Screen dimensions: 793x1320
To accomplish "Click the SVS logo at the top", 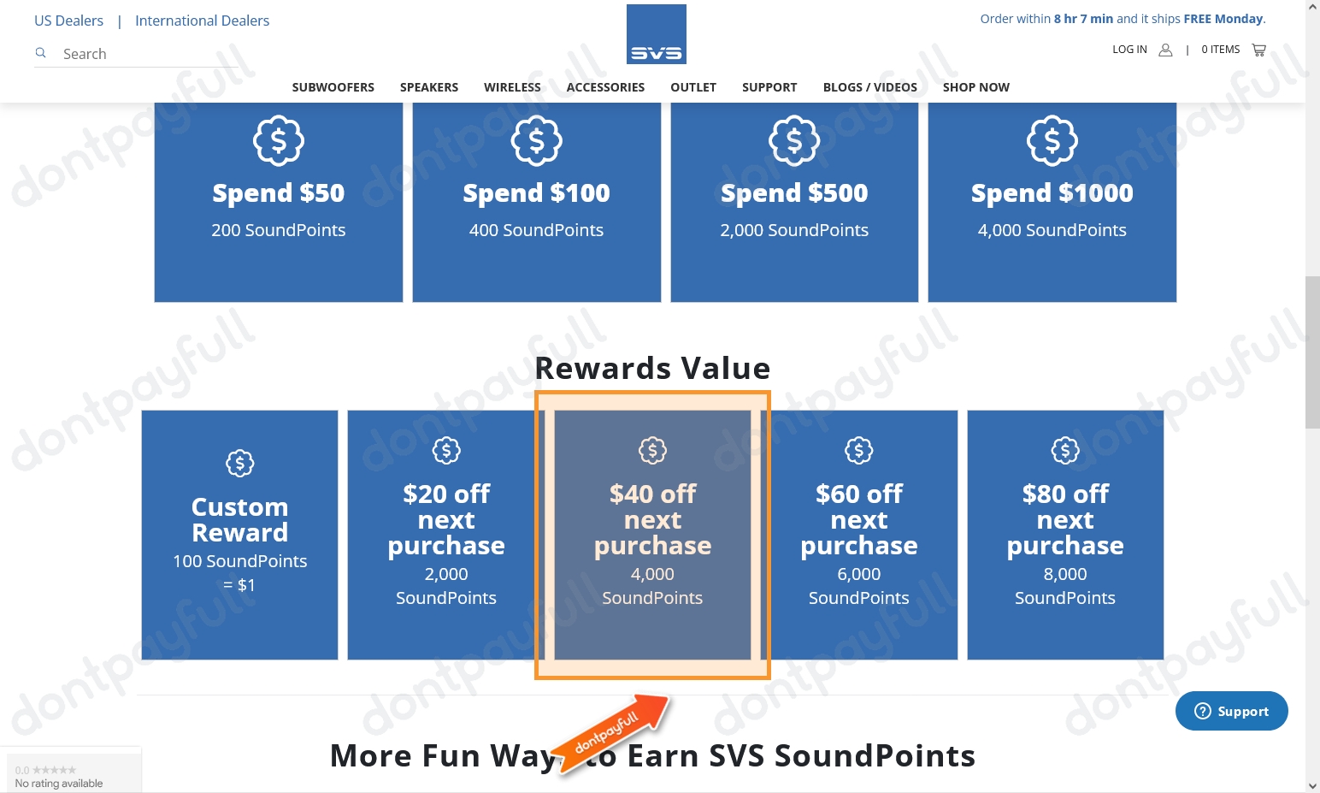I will [656, 34].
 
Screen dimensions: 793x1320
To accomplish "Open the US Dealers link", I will [68, 21].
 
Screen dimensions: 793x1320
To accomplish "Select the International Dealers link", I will [202, 21].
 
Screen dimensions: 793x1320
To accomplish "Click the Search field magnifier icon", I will [40, 53].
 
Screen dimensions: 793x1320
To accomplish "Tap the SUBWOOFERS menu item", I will [333, 87].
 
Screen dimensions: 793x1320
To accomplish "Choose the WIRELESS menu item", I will [512, 87].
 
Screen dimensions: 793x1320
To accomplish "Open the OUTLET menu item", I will [692, 87].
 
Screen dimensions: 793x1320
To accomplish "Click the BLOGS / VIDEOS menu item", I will [869, 87].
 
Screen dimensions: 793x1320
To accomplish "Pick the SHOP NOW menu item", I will [975, 87].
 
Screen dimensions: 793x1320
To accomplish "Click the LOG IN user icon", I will [1165, 50].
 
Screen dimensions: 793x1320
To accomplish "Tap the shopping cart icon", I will [1258, 50].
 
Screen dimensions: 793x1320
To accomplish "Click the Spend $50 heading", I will [279, 193].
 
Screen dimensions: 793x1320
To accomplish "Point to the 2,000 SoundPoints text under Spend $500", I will [794, 230].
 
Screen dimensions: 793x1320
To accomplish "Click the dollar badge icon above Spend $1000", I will [1052, 140].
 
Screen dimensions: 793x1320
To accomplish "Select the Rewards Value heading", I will [652, 369].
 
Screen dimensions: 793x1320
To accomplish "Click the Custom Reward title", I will [239, 519].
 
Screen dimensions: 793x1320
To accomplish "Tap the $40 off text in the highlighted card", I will [652, 494].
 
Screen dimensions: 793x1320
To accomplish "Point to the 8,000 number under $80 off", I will [1064, 574].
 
